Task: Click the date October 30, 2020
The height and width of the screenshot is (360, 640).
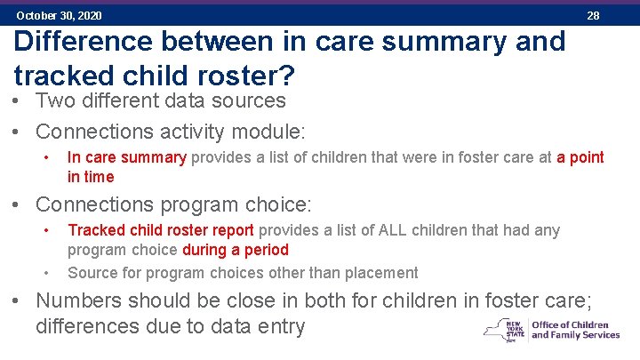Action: click(59, 15)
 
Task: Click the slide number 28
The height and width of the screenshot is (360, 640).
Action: click(593, 15)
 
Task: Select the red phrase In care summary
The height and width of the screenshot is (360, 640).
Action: click(126, 157)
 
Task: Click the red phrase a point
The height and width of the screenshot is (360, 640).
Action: click(580, 157)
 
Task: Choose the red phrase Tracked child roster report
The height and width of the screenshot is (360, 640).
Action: click(161, 230)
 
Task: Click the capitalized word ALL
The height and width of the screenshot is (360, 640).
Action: click(394, 230)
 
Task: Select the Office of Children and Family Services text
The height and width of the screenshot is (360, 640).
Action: click(575, 330)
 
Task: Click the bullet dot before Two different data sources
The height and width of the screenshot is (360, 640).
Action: click(19, 102)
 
